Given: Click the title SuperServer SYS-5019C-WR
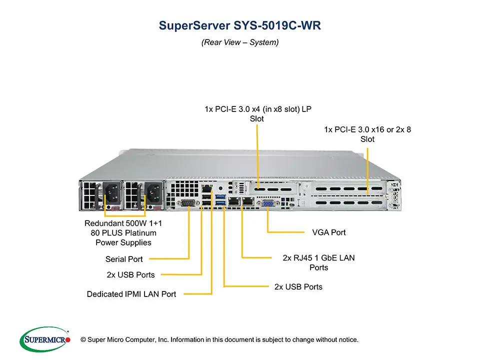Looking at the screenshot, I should click(239, 25).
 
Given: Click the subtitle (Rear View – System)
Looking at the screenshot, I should click(239, 42).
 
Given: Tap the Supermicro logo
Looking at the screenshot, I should click(45, 339).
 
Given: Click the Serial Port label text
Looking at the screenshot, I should click(124, 259).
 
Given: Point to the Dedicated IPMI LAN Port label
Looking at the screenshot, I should click(131, 294).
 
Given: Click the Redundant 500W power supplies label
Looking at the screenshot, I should click(123, 232).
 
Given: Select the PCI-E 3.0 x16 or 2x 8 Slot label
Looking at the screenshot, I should click(367, 134).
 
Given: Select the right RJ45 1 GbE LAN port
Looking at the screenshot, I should click(247, 201).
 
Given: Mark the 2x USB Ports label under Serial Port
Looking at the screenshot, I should click(130, 274).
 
